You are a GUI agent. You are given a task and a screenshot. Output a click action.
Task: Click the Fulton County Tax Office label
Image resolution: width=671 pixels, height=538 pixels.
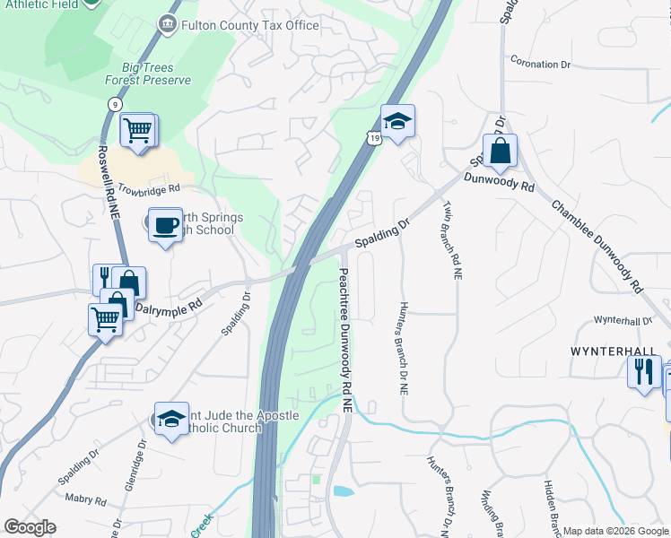coord(249,25)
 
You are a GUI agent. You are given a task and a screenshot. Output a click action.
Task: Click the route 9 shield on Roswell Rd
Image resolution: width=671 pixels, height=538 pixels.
coord(114,104)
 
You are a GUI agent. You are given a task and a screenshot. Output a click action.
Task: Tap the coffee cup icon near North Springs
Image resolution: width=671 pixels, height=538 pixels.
coord(164,223)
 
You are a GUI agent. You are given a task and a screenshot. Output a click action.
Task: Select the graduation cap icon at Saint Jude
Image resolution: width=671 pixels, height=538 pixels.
coord(170,417)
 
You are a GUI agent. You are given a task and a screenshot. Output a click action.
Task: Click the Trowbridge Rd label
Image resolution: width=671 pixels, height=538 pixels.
coord(149,189)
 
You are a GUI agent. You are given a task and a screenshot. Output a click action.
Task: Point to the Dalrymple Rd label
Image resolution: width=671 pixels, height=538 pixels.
coord(169,305)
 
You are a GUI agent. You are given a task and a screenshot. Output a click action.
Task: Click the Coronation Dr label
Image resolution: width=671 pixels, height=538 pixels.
coord(540,65)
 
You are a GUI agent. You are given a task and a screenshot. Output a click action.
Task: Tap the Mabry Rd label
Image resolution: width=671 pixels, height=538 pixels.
coord(88,501)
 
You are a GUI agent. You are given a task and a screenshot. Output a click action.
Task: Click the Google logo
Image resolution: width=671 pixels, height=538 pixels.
coord(30,527)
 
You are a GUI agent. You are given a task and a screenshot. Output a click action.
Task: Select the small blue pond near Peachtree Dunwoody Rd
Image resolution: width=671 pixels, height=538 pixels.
coord(343,491)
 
